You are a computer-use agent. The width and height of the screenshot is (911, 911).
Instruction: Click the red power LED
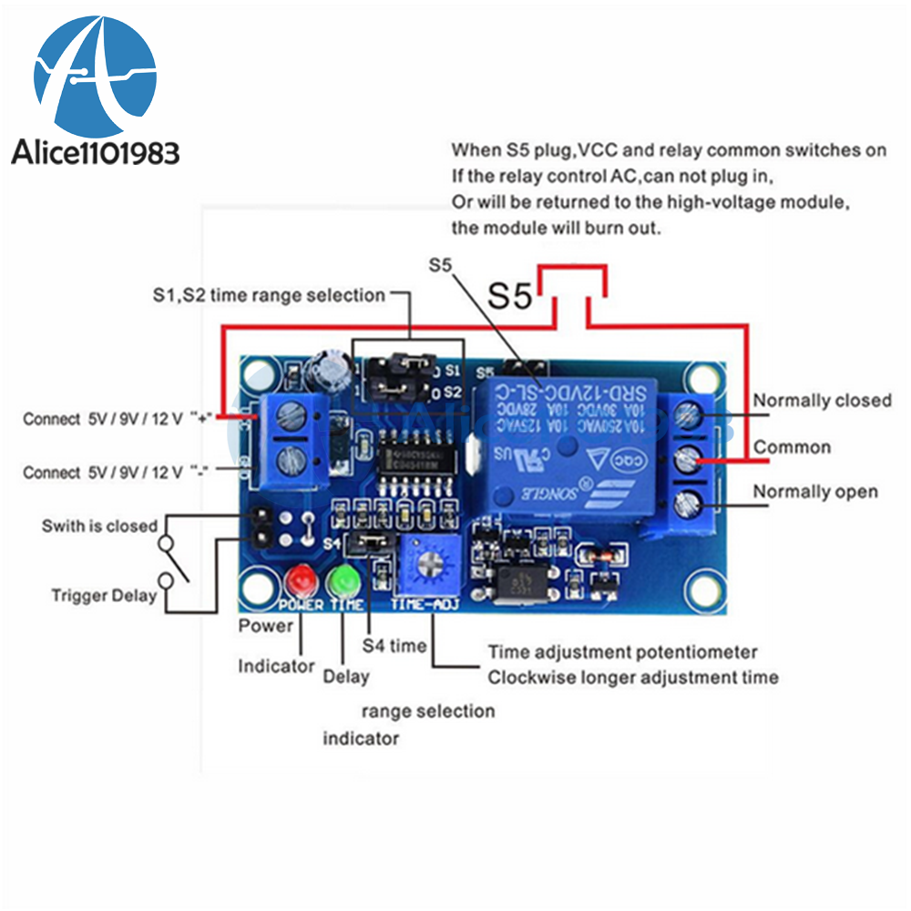click(x=299, y=579)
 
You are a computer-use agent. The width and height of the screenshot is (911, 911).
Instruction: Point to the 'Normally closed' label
click(x=822, y=401)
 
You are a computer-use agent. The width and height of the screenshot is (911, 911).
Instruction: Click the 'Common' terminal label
click(x=792, y=447)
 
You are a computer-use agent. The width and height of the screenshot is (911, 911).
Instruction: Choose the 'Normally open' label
click(x=814, y=492)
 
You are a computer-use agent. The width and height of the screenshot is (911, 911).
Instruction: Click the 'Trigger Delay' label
click(x=103, y=596)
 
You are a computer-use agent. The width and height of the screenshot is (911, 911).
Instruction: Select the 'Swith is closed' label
click(x=99, y=527)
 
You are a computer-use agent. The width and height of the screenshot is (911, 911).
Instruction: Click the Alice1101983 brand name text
click(x=95, y=152)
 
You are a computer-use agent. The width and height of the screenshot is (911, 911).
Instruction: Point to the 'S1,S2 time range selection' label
click(x=268, y=295)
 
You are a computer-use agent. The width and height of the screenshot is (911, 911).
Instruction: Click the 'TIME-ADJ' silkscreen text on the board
click(x=425, y=605)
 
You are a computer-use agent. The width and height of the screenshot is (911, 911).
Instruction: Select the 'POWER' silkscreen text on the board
click(x=301, y=605)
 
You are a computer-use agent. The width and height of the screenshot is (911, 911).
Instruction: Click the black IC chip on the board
click(x=416, y=452)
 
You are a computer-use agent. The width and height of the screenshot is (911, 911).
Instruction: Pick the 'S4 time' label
click(x=394, y=646)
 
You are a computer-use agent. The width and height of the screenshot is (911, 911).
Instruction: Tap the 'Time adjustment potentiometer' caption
click(x=622, y=652)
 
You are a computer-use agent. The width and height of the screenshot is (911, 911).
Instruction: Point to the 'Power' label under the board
click(x=266, y=626)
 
